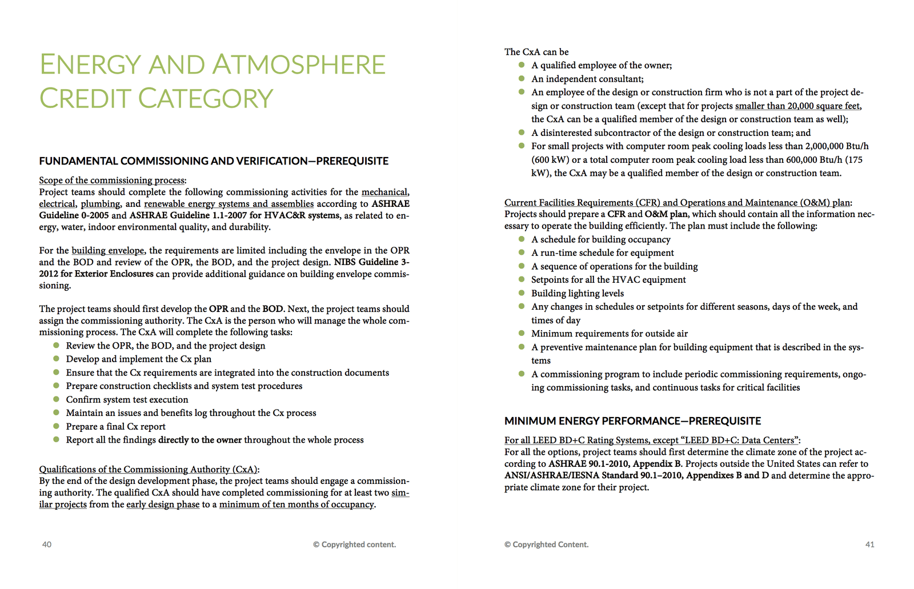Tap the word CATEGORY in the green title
206,99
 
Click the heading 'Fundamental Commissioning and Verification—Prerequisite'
214,161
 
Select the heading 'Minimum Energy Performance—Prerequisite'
632,421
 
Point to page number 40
47,544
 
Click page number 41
869,544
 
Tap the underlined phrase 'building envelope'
108,250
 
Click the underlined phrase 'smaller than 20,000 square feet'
797,106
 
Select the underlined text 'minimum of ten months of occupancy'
296,504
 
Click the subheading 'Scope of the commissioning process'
112,181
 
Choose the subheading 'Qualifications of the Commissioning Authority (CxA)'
148,470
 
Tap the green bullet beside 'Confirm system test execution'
56,399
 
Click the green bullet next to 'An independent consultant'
522,78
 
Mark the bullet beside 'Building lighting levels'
522,293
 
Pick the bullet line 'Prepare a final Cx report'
116,427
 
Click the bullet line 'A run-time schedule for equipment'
603,253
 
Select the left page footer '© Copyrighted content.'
354,544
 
